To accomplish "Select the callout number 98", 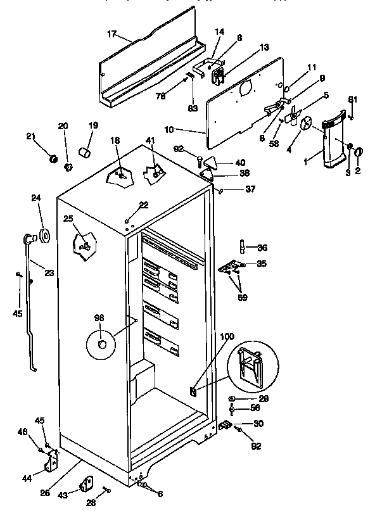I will click(99, 317).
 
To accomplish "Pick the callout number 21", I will click(30, 136).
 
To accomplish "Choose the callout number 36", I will click(262, 248).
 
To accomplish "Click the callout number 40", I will click(240, 162).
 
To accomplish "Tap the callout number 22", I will click(143, 205).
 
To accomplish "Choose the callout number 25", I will click(68, 218).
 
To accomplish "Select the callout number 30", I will click(258, 424).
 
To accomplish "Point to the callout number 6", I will click(160, 493).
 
